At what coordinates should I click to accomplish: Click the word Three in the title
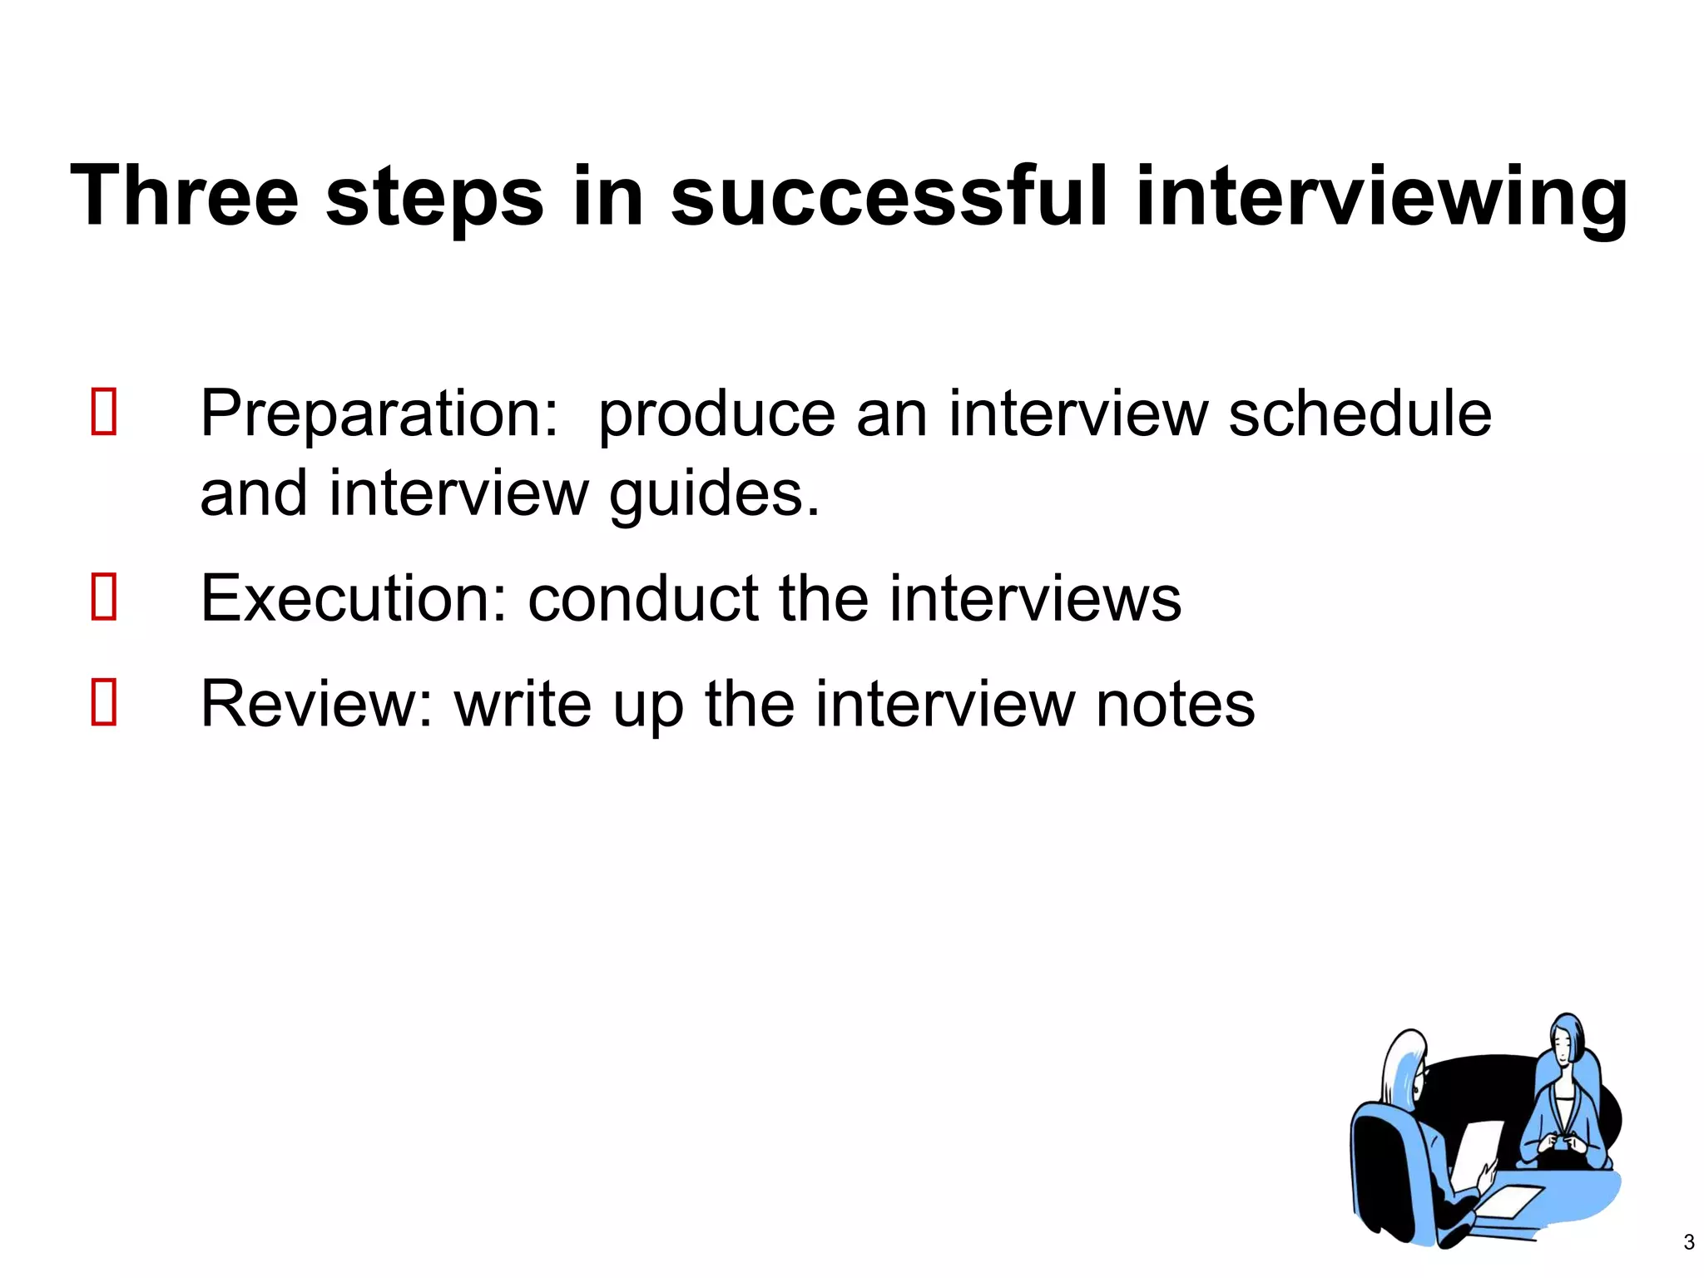tap(184, 196)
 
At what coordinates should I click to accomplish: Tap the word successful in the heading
tap(889, 196)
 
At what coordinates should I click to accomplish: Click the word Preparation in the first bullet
tap(379, 414)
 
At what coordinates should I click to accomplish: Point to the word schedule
tap(1360, 414)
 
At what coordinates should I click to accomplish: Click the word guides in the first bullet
tap(714, 494)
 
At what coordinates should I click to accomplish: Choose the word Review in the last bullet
tap(316, 704)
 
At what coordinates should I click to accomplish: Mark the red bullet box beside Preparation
tap(104, 411)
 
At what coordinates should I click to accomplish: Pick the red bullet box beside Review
tap(104, 701)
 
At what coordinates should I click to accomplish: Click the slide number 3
tap(1688, 1242)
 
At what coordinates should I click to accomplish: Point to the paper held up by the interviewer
tap(1478, 1152)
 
